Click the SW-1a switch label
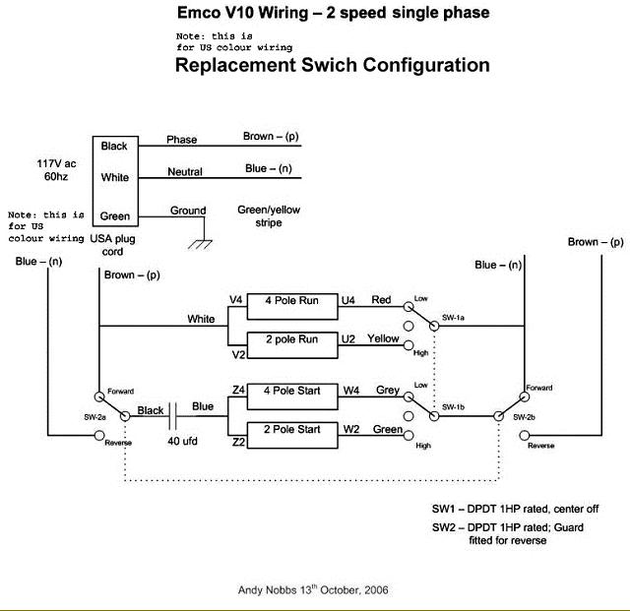(454, 317)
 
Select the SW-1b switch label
(454, 406)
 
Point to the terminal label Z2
(237, 443)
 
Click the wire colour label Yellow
(383, 338)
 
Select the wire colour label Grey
(388, 391)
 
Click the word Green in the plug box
(115, 216)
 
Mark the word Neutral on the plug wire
(185, 172)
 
